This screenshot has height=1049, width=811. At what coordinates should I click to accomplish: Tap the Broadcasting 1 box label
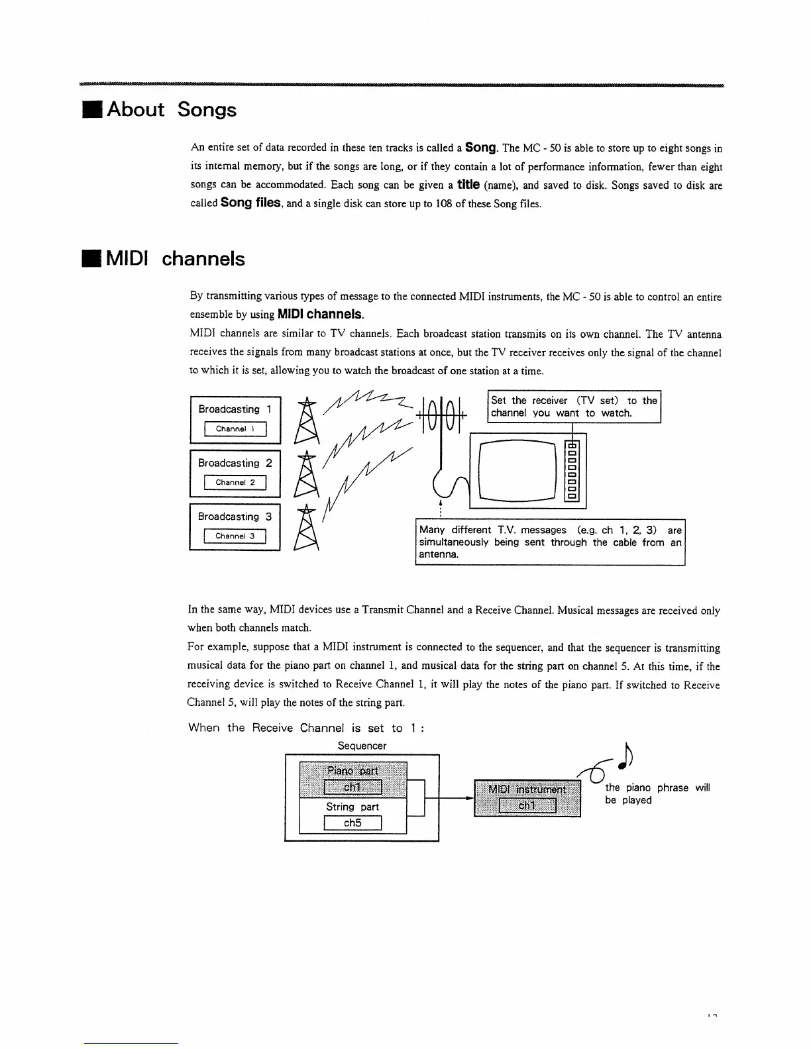(235, 409)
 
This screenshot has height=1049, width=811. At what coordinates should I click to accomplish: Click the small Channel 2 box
(235, 483)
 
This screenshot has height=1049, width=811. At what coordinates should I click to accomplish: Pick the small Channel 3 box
(235, 536)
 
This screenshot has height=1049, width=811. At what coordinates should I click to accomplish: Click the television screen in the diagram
(515, 470)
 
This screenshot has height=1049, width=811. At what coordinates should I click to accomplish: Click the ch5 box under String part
(352, 823)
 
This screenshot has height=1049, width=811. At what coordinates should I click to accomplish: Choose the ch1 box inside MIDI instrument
(527, 805)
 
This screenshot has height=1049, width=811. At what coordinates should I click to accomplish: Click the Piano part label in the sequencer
(352, 770)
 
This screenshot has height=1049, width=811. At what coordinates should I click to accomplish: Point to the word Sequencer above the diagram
(362, 746)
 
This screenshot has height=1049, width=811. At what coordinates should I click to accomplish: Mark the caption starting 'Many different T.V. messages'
(550, 542)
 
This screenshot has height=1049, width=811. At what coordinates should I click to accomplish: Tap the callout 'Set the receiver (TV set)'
(574, 407)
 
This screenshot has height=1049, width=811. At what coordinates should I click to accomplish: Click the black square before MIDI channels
(91, 259)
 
